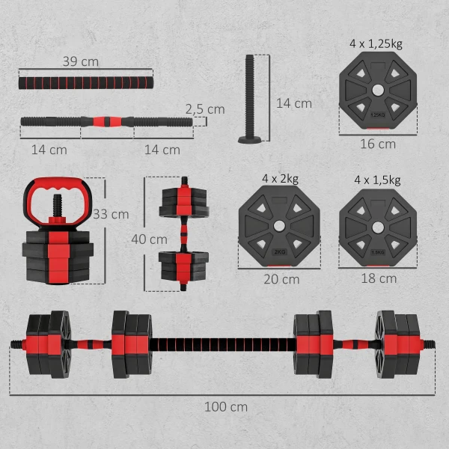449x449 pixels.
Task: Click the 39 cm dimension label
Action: coord(80,61)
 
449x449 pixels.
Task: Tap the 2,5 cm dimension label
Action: coord(204,109)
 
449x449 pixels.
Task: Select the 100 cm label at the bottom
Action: coord(225,407)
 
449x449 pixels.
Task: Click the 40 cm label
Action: coord(149,239)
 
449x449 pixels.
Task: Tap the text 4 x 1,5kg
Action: coord(376,179)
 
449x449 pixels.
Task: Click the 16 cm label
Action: coord(377,144)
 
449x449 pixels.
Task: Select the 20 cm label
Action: coord(280,279)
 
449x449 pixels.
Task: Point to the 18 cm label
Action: coord(377,278)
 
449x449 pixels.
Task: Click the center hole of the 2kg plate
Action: coord(278,225)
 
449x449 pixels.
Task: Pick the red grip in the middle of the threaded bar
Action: coord(106,120)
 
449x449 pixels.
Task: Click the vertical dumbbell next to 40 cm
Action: coord(183,232)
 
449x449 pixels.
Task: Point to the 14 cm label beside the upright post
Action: coord(293,103)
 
